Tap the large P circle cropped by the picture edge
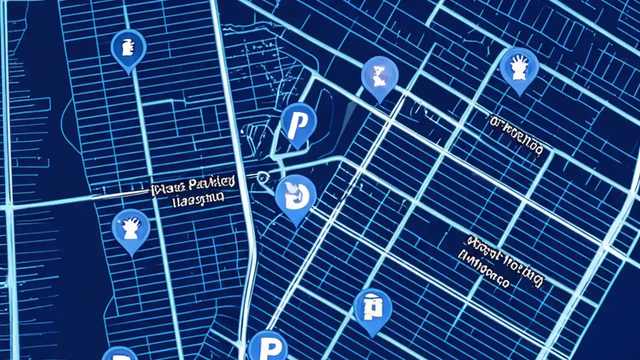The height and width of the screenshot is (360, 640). click(x=267, y=346)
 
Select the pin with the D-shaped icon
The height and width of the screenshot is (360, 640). click(x=295, y=195)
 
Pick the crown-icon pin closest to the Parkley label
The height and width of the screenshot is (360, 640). click(x=130, y=228)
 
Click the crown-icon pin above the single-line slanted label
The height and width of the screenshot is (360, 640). click(x=519, y=66)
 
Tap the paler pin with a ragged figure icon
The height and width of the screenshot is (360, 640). click(x=379, y=75)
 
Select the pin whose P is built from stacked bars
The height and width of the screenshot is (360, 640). click(x=372, y=307)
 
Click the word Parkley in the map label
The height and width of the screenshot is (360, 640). click(x=212, y=184)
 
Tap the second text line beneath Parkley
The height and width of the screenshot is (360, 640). click(x=197, y=201)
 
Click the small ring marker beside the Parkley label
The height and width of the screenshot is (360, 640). click(x=262, y=177)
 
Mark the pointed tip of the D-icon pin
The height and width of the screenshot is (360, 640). click(x=296, y=226)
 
